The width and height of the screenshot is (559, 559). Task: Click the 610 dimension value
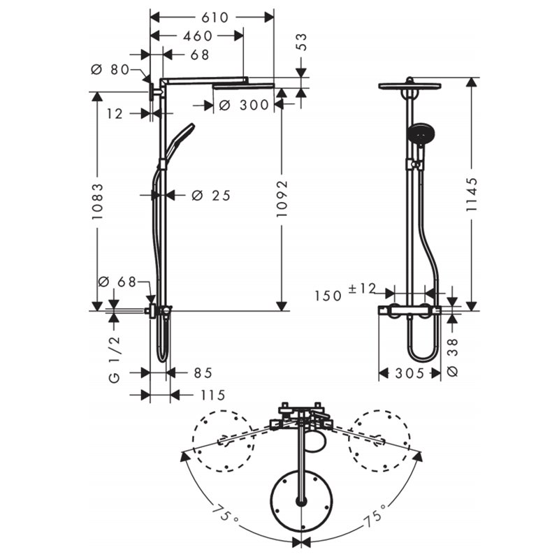click(215, 17)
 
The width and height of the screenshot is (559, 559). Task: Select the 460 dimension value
click(198, 36)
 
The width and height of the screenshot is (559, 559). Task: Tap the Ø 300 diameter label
click(244, 106)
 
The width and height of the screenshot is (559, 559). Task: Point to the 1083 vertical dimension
click(97, 201)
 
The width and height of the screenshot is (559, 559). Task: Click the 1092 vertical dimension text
click(282, 199)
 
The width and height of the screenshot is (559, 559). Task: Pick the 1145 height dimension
click(472, 194)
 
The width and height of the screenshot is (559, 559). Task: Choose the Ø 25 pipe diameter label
click(211, 196)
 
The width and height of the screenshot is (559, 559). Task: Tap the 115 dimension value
click(213, 395)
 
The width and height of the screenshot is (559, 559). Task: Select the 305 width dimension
click(409, 373)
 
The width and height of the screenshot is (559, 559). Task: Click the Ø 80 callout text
click(110, 69)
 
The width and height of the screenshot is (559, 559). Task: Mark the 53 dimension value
click(301, 42)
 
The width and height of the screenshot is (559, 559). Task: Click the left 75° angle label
click(224, 514)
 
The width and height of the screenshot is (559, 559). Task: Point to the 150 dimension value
click(328, 296)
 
